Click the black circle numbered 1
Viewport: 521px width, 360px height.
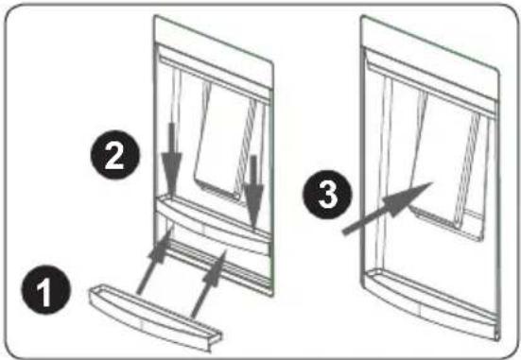45,290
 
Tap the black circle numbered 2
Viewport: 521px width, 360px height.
115,155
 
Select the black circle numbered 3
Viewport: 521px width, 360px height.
327,195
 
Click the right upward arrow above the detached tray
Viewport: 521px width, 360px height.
208,284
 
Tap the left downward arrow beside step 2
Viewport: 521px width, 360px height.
172,160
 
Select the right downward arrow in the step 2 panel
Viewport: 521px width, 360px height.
253,191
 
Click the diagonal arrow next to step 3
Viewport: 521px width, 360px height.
388,208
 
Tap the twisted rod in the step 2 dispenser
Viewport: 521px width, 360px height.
247,147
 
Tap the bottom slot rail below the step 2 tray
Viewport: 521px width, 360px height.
219,266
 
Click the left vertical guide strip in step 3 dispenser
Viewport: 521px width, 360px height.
386,173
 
